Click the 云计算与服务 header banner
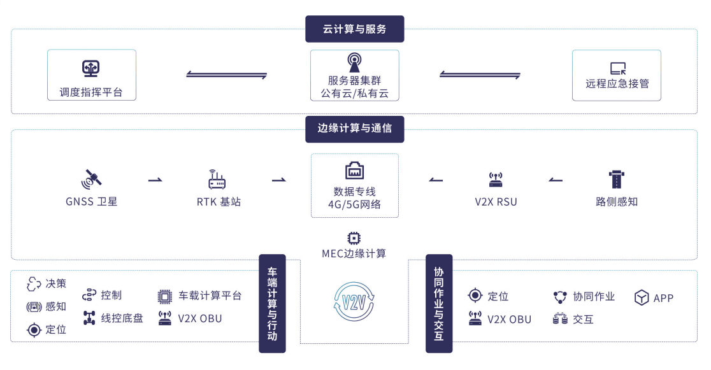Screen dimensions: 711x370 pyautogui.click(x=355, y=29)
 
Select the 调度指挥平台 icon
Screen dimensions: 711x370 pyautogui.click(x=90, y=68)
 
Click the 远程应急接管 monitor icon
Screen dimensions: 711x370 pyautogui.click(x=617, y=69)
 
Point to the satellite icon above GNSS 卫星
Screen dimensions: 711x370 pyautogui.click(x=91, y=179)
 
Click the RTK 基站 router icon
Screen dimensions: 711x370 pyautogui.click(x=217, y=180)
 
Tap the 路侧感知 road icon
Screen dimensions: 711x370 pyautogui.click(x=617, y=179)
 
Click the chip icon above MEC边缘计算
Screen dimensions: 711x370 pyautogui.click(x=354, y=239)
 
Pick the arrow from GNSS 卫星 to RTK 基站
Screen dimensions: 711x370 pyautogui.click(x=155, y=180)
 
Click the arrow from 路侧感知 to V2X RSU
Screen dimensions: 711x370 pyautogui.click(x=556, y=180)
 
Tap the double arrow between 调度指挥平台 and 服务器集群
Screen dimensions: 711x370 pyautogui.click(x=226, y=75)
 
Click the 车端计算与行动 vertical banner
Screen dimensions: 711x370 pyautogui.click(x=272, y=303)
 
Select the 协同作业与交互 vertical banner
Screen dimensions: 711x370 pyautogui.click(x=439, y=303)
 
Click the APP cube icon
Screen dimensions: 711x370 pyautogui.click(x=641, y=297)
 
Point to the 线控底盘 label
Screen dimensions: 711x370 pyautogui.click(x=122, y=318)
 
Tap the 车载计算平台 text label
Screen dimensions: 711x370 pyautogui.click(x=210, y=295)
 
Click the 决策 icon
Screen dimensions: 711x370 pyautogui.click(x=34, y=284)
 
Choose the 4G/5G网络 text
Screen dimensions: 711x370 pyautogui.click(x=355, y=204)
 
